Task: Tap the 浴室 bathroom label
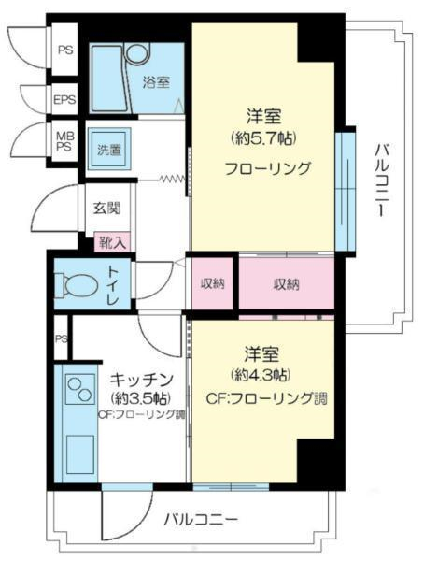click(x=156, y=82)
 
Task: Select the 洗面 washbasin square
click(x=110, y=150)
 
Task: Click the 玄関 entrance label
click(x=106, y=208)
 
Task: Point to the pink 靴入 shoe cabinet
click(x=112, y=242)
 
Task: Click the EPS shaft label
click(x=64, y=99)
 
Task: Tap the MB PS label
click(x=64, y=141)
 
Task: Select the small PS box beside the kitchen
click(x=61, y=338)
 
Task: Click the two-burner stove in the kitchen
click(x=80, y=389)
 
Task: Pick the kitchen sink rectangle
click(x=80, y=451)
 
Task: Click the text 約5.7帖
click(x=263, y=137)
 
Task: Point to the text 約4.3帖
click(x=261, y=374)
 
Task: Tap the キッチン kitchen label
click(x=142, y=380)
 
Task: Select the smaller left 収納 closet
click(x=212, y=283)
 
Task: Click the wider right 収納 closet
click(x=287, y=284)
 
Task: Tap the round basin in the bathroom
click(x=137, y=54)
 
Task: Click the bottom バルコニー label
click(x=201, y=518)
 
